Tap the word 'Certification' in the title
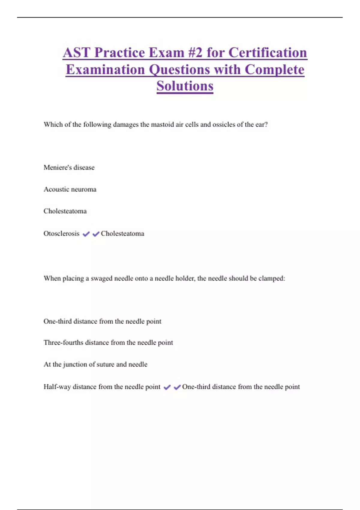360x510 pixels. (x=268, y=53)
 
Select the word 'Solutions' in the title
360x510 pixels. (x=185, y=86)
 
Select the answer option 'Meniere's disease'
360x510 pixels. (x=69, y=167)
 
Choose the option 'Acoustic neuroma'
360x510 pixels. (x=70, y=189)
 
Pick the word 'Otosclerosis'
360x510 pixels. (x=61, y=233)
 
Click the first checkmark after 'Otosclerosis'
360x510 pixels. (x=86, y=234)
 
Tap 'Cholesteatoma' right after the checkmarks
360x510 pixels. (x=122, y=233)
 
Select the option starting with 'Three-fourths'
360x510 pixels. (x=108, y=343)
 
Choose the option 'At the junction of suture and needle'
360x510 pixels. (x=95, y=364)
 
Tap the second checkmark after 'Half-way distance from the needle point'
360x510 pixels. (x=177, y=387)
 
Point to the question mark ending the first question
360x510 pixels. (x=266, y=124)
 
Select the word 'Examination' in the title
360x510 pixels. (x=105, y=70)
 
